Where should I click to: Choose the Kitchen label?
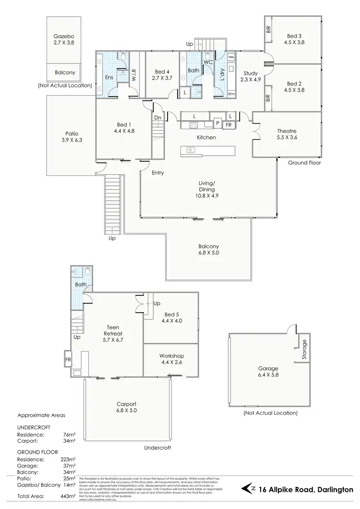(x=206, y=138)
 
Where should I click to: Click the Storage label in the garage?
(x=303, y=350)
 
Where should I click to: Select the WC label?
(x=208, y=62)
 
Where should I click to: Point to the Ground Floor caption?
(x=304, y=163)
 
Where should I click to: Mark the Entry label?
(x=158, y=173)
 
